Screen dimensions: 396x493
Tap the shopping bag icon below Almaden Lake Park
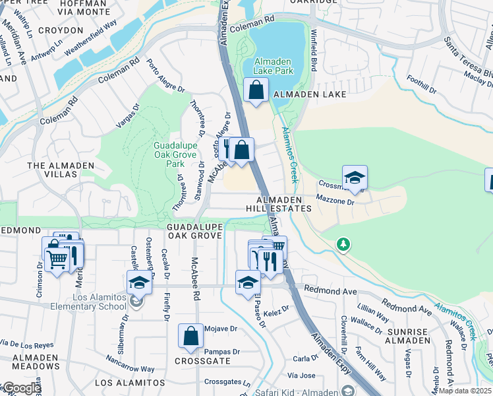point(256,90)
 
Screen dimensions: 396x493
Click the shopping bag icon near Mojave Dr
point(190,336)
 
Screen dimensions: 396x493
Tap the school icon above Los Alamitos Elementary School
point(139,282)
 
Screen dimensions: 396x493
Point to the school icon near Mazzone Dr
point(355,178)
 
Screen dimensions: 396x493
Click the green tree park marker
point(343,245)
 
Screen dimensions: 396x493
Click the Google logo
point(21,388)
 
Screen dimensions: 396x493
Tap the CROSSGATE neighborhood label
point(197,361)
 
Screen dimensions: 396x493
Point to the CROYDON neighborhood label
point(61,30)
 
